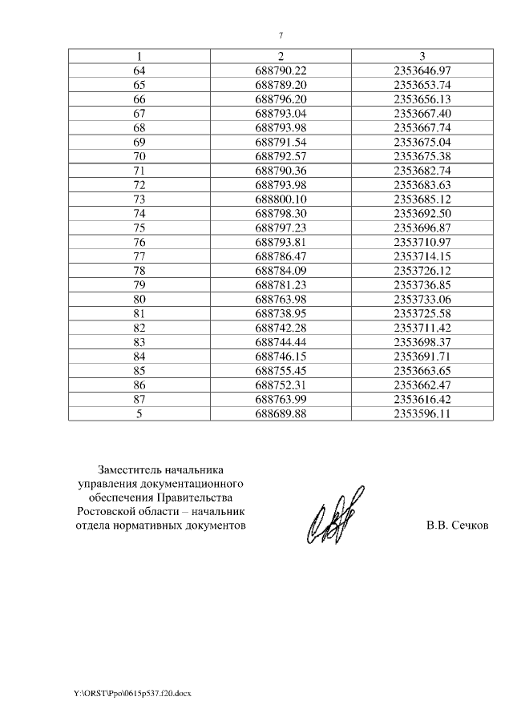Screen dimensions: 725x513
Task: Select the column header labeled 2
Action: click(x=281, y=56)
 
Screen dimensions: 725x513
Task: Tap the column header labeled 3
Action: click(x=423, y=56)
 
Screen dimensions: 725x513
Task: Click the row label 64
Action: click(x=139, y=70)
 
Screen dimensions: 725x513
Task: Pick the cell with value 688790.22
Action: click(x=281, y=70)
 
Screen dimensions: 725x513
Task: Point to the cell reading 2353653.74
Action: click(x=423, y=84)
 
